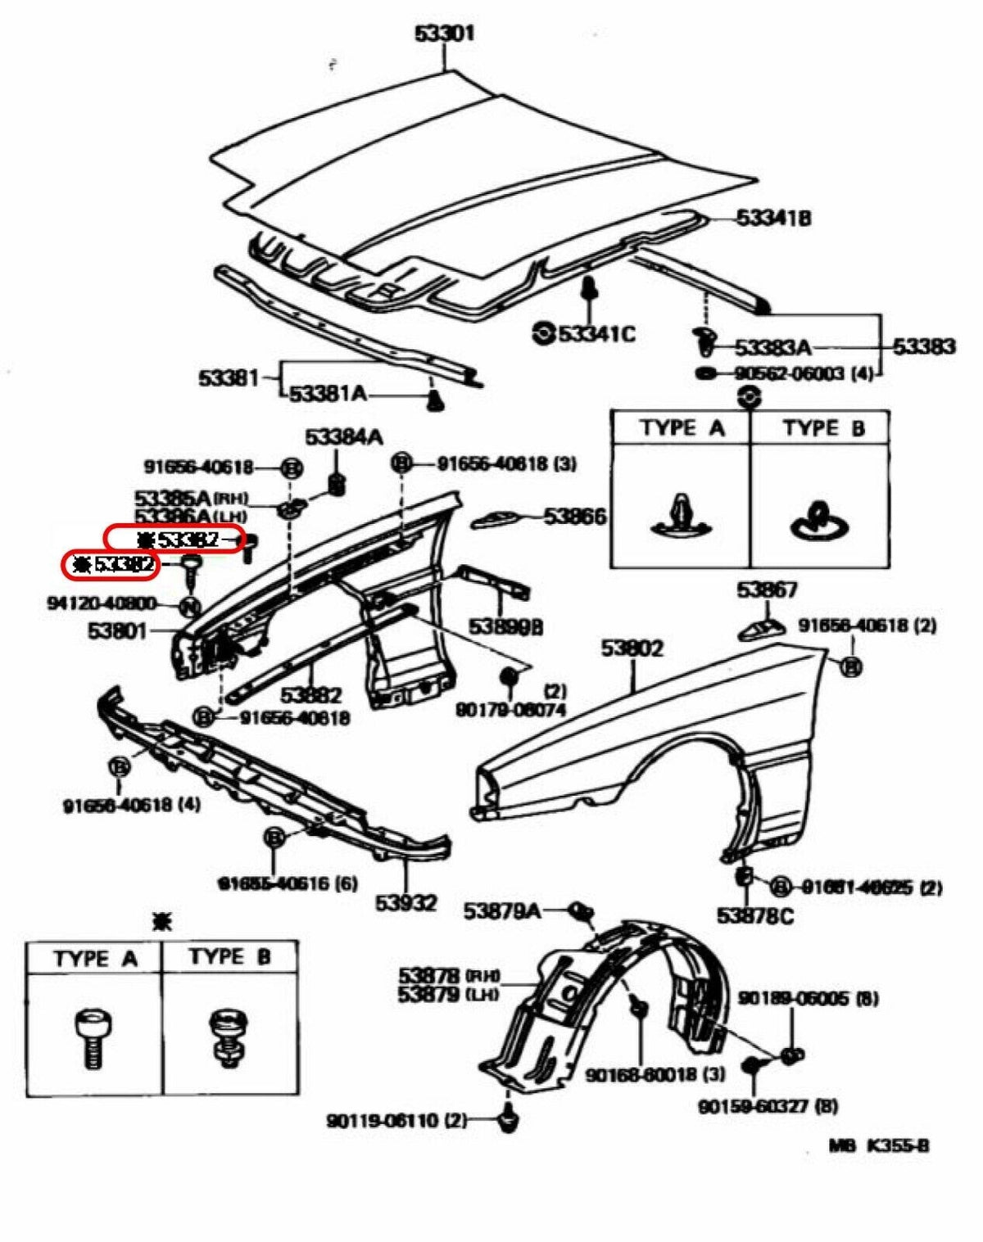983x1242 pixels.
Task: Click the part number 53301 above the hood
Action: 443,34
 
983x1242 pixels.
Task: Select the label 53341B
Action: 772,218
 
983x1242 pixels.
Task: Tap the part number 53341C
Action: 596,334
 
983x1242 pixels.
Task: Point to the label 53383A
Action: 772,348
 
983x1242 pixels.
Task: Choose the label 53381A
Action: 328,395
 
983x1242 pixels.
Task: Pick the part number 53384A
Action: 343,437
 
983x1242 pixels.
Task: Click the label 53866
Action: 575,517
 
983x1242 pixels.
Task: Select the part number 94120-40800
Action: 102,604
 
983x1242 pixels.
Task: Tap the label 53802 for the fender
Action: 632,648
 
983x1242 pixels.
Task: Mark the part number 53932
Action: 405,903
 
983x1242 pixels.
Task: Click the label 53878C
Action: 754,915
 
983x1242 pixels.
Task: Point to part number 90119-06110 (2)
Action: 396,1121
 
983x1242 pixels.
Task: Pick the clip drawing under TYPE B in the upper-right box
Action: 819,521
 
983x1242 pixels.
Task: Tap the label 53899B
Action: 505,627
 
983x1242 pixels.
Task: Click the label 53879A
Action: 501,910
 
